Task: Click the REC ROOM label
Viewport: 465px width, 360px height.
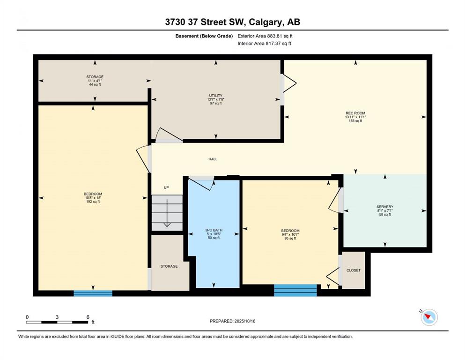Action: [355, 113]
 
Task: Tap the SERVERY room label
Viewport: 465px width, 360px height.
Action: [385, 207]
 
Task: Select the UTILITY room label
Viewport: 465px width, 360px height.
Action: [215, 96]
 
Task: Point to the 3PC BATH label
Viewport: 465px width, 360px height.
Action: [214, 230]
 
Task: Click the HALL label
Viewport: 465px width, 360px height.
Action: [213, 159]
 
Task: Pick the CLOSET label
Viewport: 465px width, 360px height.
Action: [354, 270]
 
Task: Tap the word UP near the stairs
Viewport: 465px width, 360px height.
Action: [166, 187]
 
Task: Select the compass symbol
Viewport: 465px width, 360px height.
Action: [429, 317]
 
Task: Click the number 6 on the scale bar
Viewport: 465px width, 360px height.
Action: [88, 317]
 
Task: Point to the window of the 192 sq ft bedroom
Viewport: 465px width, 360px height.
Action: [93, 293]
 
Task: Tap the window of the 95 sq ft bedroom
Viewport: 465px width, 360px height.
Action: [295, 290]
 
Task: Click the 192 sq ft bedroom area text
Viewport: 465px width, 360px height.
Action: [93, 202]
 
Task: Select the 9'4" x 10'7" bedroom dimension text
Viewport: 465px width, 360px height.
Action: [290, 234]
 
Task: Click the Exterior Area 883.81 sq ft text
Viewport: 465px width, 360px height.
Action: [265, 36]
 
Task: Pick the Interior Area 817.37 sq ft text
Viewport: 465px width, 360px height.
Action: [264, 43]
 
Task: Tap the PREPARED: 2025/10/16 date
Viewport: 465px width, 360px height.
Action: [232, 321]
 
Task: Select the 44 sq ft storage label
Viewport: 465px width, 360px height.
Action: [95, 84]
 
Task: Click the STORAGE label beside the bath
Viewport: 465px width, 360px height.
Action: [169, 266]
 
